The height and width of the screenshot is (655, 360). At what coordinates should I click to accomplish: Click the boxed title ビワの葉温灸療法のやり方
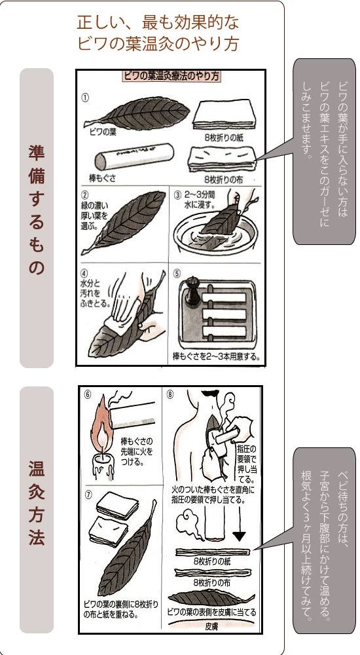tap(171, 76)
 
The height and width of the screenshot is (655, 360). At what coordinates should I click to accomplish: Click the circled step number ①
tap(85, 96)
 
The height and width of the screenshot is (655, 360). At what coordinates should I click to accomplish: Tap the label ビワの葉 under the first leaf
tap(104, 131)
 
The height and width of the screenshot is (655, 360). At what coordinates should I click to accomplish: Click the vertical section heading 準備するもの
tap(37, 210)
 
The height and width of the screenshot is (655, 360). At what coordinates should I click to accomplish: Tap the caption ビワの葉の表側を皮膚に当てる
tap(211, 612)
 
